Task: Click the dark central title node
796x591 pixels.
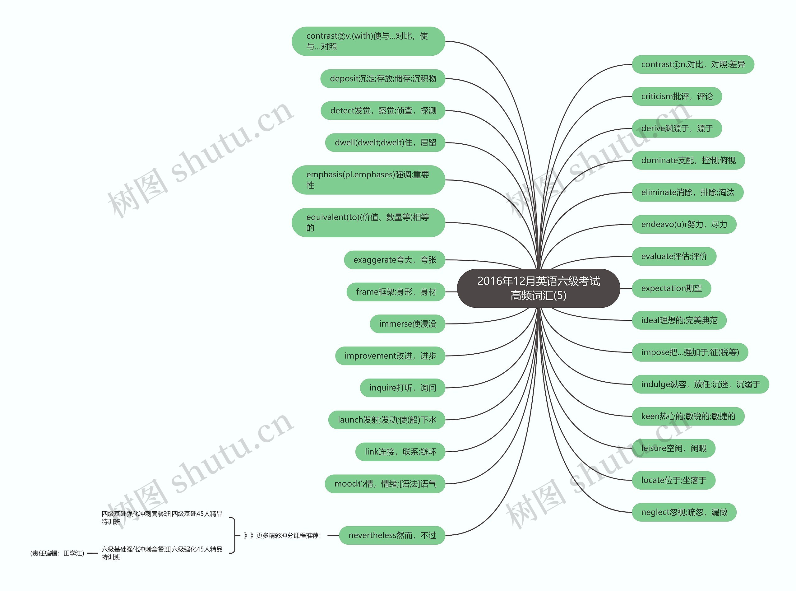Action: [538, 288]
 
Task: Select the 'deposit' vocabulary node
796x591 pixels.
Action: [383, 79]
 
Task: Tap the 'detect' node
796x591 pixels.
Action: [383, 110]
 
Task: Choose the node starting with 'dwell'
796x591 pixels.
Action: [385, 143]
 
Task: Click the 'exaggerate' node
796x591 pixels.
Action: [394, 260]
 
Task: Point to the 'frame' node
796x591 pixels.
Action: [396, 292]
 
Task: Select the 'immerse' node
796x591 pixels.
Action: [407, 324]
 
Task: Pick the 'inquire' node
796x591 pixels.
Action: [402, 388]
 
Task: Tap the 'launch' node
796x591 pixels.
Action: [386, 420]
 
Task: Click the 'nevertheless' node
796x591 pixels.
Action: [392, 535]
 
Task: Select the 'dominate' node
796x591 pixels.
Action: [688, 160]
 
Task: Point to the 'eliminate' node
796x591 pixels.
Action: [687, 193]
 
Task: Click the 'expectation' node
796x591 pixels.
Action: [671, 288]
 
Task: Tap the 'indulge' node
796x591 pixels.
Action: [700, 384]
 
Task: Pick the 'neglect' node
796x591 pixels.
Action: [684, 512]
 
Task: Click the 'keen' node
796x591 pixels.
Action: [688, 416]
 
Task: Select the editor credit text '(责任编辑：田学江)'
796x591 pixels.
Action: [57, 553]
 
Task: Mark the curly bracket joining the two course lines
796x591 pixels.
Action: [234, 536]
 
